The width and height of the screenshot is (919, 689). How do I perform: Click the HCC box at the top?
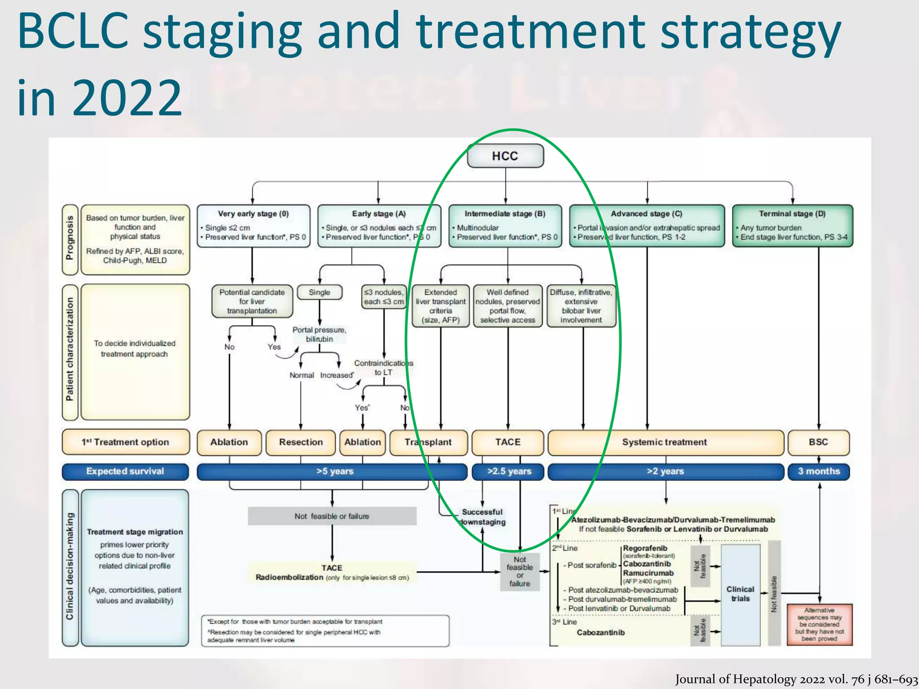pyautogui.click(x=505, y=156)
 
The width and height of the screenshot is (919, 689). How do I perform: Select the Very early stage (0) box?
pyautogui.click(x=254, y=226)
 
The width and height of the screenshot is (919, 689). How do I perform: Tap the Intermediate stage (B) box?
pyautogui.click(x=505, y=226)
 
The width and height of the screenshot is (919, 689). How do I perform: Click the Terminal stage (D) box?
pyautogui.click(x=792, y=226)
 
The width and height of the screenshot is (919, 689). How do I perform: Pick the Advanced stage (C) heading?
pyautogui.click(x=647, y=214)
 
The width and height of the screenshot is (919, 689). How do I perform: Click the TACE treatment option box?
pyautogui.click(x=508, y=442)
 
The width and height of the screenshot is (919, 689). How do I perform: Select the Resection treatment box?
pyautogui.click(x=301, y=442)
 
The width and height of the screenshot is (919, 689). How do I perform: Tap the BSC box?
pyautogui.click(x=818, y=442)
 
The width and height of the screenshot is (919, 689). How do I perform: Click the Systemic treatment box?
pyautogui.click(x=664, y=442)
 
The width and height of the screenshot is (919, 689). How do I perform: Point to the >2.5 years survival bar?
pyautogui.click(x=508, y=471)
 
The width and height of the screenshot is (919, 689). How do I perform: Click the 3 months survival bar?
pyautogui.click(x=818, y=471)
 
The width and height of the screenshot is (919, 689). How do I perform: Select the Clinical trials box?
pyautogui.click(x=740, y=594)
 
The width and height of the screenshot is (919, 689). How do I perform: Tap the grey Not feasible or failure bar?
pyautogui.click(x=332, y=516)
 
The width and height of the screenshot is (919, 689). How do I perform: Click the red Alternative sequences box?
pyautogui.click(x=819, y=624)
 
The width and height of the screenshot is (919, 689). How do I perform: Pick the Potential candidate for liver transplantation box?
pyautogui.click(x=252, y=301)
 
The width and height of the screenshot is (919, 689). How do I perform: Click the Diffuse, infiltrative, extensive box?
pyautogui.click(x=581, y=306)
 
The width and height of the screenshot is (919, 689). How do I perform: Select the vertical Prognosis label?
pyautogui.click(x=70, y=239)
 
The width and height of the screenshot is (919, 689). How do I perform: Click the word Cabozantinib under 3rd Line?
pyautogui.click(x=600, y=632)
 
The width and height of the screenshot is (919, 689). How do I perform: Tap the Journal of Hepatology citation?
pyautogui.click(x=796, y=680)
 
